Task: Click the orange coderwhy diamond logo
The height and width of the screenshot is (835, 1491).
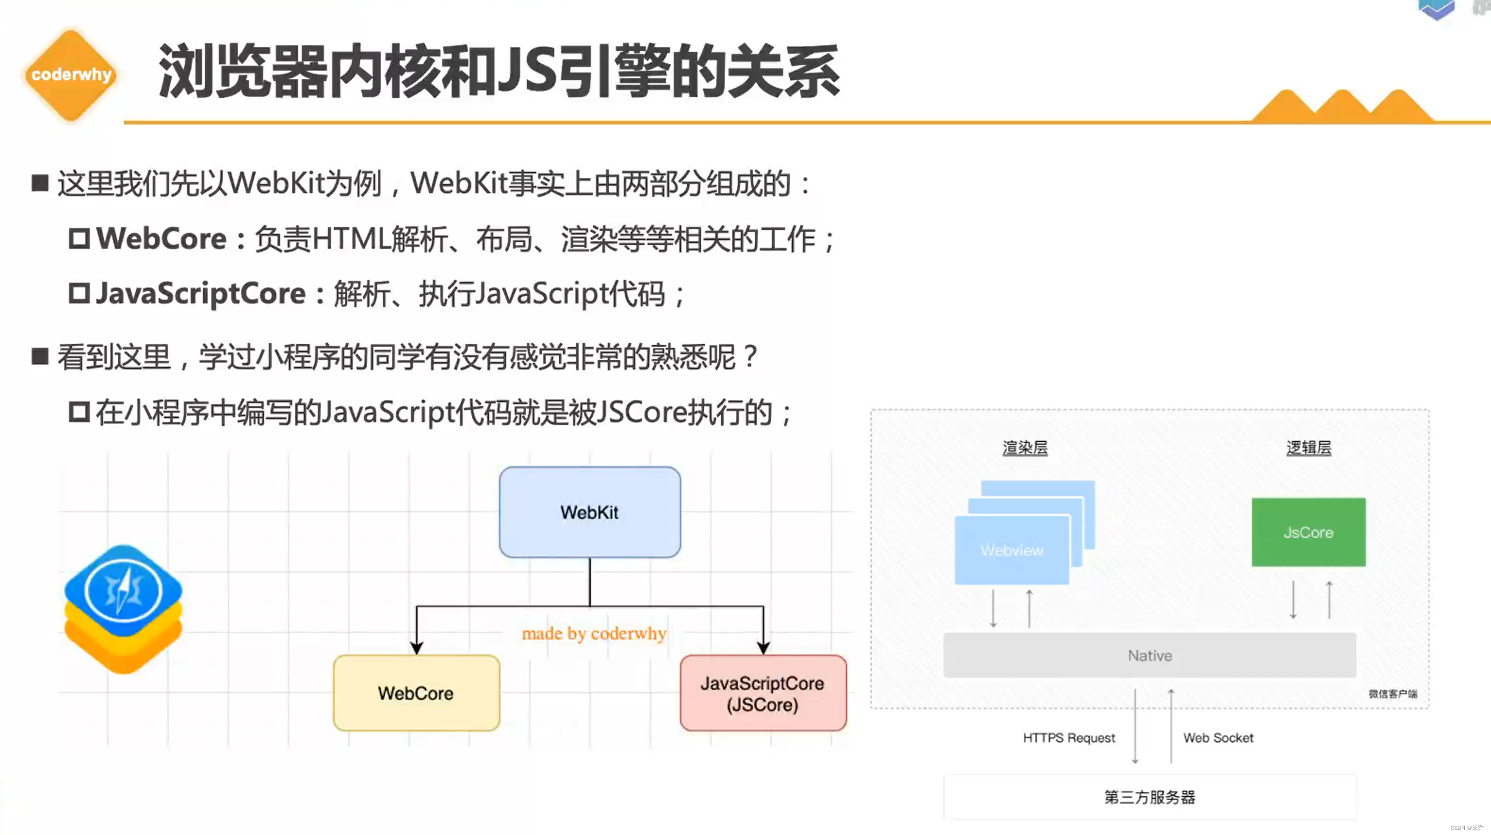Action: [71, 74]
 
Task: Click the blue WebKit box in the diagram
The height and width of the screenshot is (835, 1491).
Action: [589, 512]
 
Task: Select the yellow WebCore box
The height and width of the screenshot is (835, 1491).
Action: [416, 693]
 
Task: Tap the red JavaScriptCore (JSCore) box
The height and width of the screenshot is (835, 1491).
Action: [763, 693]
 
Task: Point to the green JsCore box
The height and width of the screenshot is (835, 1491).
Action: [1308, 532]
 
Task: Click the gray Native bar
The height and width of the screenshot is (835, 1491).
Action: [1150, 655]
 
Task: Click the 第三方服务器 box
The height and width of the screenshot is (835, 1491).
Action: [1150, 797]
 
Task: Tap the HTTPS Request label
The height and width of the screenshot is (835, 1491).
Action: [1068, 738]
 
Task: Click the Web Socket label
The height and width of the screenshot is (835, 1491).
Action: [1218, 738]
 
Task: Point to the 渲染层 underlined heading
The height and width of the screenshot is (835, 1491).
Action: [1025, 448]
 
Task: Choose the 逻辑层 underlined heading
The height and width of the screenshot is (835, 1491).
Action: [1308, 448]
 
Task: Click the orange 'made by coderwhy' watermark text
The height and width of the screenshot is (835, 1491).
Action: [594, 634]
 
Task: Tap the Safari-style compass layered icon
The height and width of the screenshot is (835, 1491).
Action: [123, 607]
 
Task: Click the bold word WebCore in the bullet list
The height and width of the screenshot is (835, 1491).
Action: [161, 238]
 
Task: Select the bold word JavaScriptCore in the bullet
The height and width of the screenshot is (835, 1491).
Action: [200, 293]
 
